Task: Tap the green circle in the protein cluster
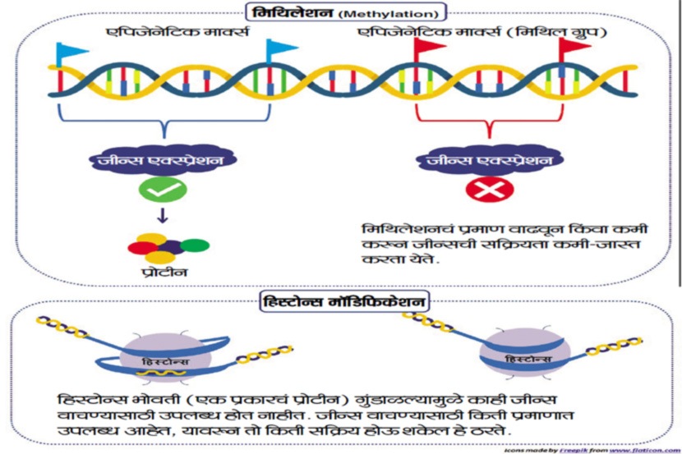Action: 194,245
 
